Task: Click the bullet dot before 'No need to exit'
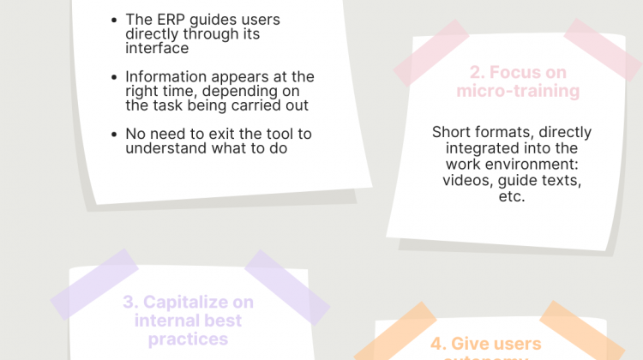116,135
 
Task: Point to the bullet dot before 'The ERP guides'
116,20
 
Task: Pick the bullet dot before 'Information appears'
116,77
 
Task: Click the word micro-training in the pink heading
518,91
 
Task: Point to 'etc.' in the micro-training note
512,195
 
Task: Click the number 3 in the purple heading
129,302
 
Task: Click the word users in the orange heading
519,344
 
